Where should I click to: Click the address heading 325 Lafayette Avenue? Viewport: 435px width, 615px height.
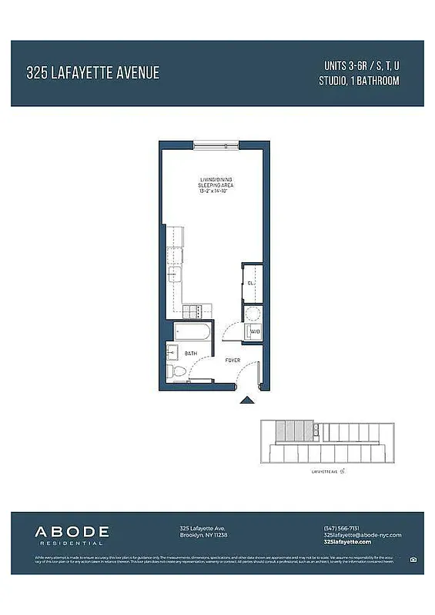pos(92,73)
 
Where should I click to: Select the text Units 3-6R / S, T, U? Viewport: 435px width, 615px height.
pos(359,65)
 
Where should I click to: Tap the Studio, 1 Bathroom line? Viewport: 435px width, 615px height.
pos(359,80)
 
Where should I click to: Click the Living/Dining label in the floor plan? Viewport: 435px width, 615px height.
pos(215,180)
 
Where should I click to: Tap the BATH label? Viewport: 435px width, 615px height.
pos(189,353)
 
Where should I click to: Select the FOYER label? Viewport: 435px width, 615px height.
pos(232,360)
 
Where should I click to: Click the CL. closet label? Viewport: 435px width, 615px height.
pos(251,283)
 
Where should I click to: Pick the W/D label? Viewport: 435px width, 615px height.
pos(254,332)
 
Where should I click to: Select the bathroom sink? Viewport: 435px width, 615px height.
pos(172,353)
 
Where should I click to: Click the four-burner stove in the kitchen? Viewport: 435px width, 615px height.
pos(192,311)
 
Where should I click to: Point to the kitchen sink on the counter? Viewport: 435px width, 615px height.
pos(176,255)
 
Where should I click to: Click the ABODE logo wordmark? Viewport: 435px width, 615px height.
pos(72,531)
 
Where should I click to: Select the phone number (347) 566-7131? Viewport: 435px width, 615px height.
pos(341,528)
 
